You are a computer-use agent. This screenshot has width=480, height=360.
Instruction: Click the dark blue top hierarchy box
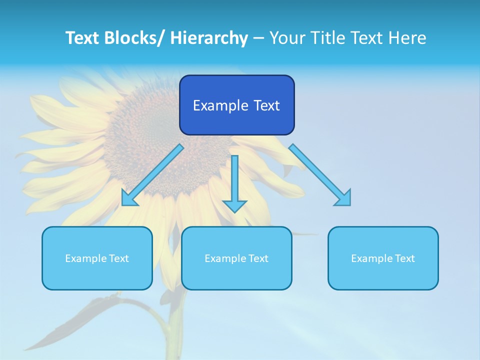click(236, 105)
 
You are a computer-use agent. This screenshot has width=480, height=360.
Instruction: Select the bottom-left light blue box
click(97, 258)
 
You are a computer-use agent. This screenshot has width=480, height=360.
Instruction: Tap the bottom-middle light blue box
click(236, 258)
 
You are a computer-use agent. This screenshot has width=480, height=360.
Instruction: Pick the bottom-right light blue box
click(383, 258)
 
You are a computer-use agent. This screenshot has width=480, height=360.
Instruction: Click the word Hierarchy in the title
click(208, 38)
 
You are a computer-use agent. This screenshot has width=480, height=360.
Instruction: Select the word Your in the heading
click(286, 38)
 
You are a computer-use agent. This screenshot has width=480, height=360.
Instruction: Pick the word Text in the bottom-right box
click(404, 258)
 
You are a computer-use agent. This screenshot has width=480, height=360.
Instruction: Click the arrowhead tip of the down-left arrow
click(123, 204)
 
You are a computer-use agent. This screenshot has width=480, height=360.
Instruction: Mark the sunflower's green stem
click(176, 320)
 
